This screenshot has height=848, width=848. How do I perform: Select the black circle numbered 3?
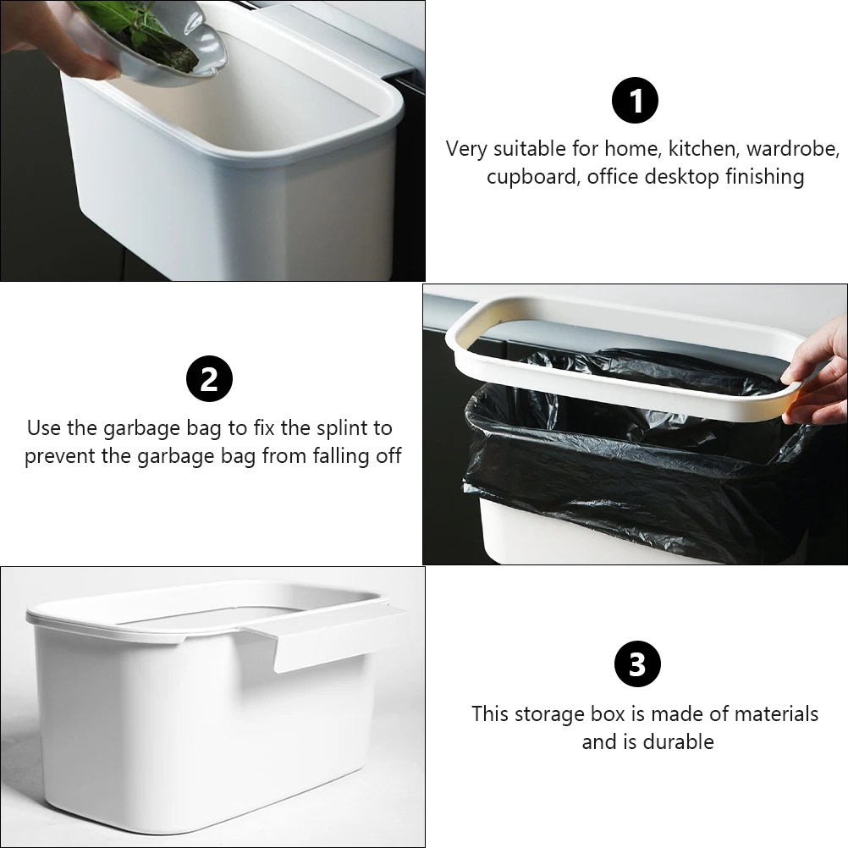coord(636,665)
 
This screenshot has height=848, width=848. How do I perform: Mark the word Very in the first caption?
coord(466,149)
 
